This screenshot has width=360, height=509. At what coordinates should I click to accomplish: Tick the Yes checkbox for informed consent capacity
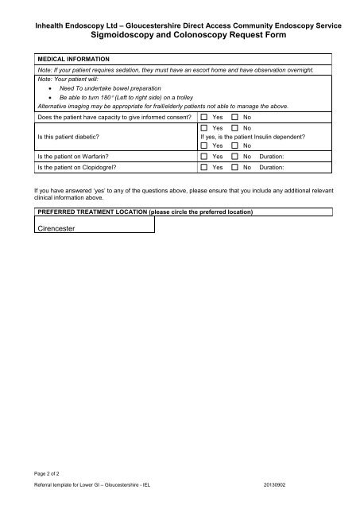tap(204, 117)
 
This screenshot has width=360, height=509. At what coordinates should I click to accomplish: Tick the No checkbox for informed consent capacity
tap(235, 117)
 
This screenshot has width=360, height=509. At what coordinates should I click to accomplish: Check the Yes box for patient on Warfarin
tap(204, 157)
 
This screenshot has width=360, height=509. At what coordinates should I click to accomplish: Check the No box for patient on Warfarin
tap(235, 157)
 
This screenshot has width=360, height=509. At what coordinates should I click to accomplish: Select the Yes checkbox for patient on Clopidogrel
tap(204, 169)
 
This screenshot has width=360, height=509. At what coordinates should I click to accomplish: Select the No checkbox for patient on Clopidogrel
tap(235, 169)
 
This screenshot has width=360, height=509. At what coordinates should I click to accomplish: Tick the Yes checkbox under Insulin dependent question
tap(204, 146)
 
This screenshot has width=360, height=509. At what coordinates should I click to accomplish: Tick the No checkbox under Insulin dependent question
tap(235, 146)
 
